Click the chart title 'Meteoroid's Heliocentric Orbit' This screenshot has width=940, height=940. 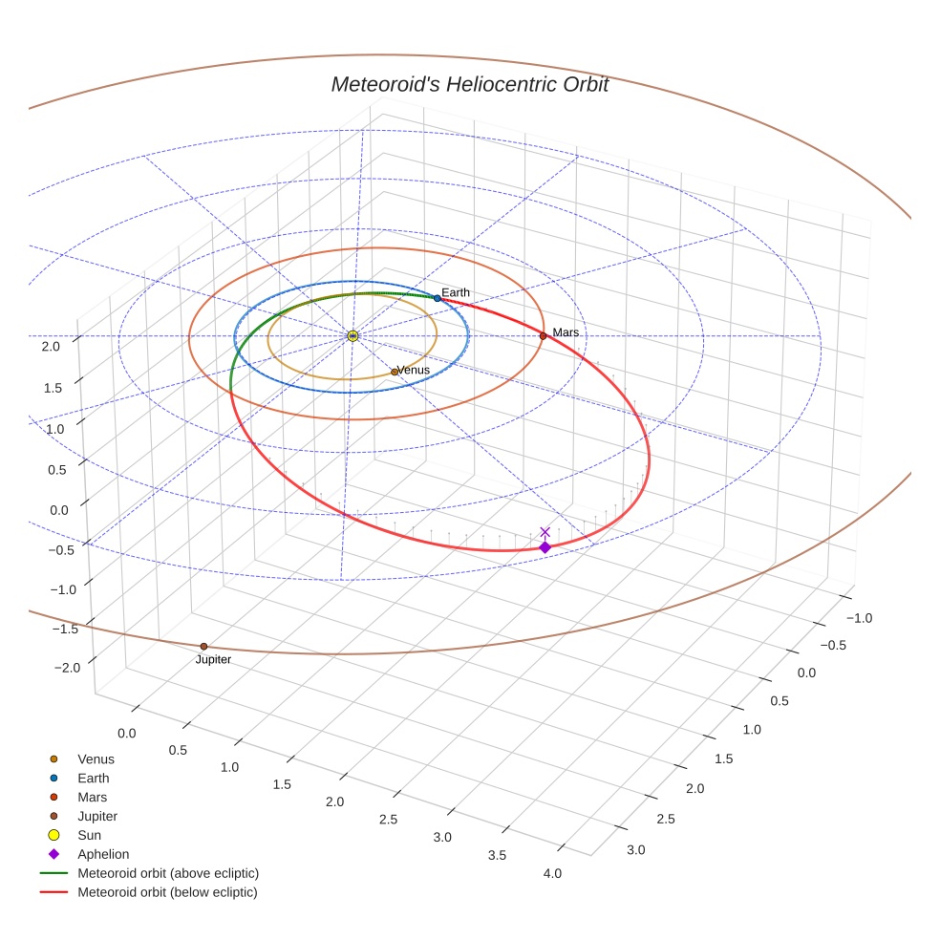click(x=469, y=84)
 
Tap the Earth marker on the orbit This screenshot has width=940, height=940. click(x=438, y=298)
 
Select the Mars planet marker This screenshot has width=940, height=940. click(x=543, y=335)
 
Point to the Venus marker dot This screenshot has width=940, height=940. click(x=395, y=372)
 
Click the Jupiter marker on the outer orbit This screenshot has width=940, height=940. click(x=203, y=647)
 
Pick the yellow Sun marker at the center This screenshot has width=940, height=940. click(x=352, y=335)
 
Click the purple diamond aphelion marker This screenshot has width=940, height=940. click(x=545, y=547)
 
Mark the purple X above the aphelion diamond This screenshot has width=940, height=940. click(x=545, y=532)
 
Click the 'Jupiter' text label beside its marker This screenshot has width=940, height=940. click(x=213, y=660)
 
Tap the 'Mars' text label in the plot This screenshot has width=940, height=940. click(x=566, y=332)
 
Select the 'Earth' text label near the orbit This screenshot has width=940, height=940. click(x=456, y=292)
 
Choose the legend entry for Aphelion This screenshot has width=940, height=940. click(x=102, y=854)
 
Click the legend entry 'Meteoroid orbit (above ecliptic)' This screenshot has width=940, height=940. click(x=167, y=873)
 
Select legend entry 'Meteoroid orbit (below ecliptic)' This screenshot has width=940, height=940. click(x=167, y=892)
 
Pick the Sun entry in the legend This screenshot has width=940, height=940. click(x=89, y=835)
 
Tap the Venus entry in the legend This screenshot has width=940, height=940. click(x=96, y=759)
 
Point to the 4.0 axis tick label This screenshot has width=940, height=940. click(x=551, y=873)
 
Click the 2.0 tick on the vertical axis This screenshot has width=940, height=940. click(x=51, y=347)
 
